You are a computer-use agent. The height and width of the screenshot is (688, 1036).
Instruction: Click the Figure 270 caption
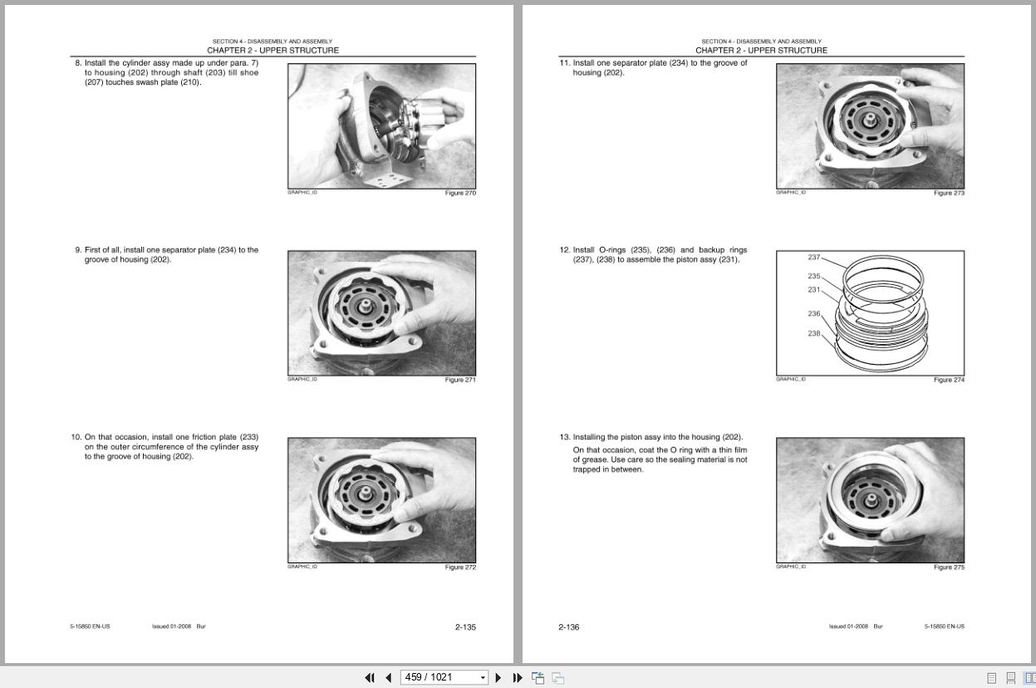(x=460, y=193)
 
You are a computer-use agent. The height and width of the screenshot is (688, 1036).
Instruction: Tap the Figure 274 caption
(x=949, y=380)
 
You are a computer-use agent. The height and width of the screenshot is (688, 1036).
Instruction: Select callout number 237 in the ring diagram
(x=814, y=258)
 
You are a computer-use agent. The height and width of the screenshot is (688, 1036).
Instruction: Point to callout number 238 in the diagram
(x=814, y=333)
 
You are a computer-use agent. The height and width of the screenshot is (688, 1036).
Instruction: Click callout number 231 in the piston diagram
(x=814, y=290)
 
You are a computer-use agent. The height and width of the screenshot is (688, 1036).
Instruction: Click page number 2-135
(x=465, y=627)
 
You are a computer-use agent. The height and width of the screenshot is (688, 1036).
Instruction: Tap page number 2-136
(x=569, y=627)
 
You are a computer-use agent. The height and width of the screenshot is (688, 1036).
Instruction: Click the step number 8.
(x=78, y=63)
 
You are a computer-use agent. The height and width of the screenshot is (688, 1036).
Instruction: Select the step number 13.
(x=565, y=437)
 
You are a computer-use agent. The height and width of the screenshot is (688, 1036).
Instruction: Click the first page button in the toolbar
(x=370, y=678)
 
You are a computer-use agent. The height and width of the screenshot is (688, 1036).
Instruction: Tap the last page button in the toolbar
(x=518, y=678)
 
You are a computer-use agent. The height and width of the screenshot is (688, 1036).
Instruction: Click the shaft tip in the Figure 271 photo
(x=366, y=304)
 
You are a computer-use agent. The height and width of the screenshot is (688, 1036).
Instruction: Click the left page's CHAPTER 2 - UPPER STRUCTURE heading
(x=273, y=51)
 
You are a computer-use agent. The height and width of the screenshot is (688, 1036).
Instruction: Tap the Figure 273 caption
(x=949, y=193)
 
